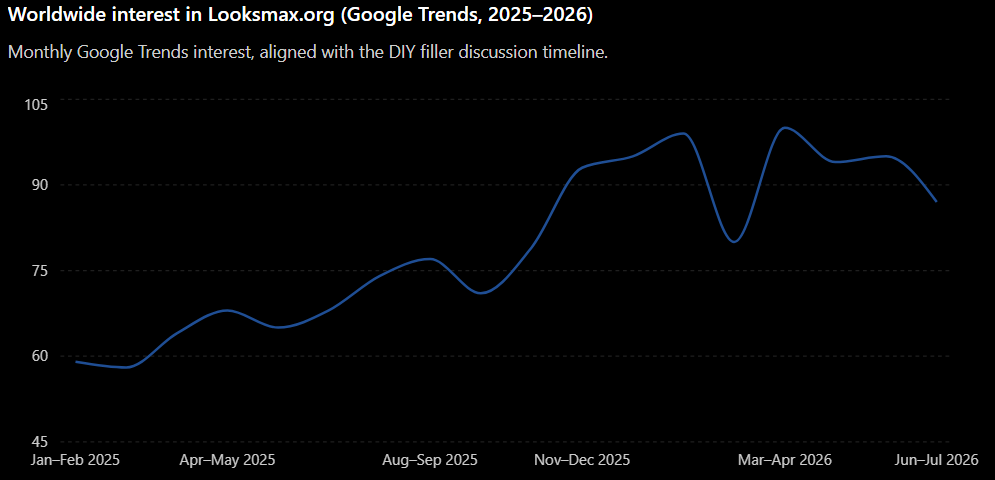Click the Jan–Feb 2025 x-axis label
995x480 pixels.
76,460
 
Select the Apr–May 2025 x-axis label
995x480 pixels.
227,460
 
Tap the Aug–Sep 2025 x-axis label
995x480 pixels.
430,460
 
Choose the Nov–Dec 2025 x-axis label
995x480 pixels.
582,460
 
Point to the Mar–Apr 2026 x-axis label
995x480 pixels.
784,460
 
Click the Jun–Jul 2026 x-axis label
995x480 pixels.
935,460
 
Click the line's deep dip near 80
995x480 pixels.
734,242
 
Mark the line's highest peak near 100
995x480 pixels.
785,128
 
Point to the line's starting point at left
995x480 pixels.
76,361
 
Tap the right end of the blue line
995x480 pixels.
936,201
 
